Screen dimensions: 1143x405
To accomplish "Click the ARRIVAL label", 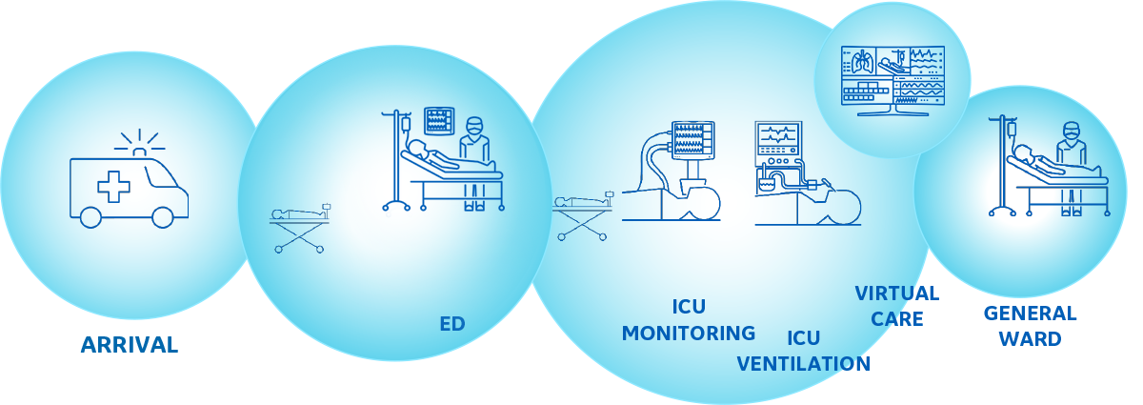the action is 130,345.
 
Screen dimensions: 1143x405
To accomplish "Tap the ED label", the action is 452,324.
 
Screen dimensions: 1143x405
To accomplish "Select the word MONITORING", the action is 689,333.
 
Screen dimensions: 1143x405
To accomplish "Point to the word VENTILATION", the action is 804,364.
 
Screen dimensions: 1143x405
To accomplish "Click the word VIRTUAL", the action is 897,294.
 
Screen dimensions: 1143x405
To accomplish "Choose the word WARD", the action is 1031,338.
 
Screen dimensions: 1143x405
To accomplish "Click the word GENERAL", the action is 1031,314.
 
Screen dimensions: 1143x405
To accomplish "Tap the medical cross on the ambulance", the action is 113,187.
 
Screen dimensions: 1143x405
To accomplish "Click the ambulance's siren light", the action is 139,152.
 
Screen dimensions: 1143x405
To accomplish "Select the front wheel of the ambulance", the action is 163,217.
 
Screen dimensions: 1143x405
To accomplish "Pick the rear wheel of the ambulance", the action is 90,217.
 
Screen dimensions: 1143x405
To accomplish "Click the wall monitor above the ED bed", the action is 439,121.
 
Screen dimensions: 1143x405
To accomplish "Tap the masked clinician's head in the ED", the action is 474,126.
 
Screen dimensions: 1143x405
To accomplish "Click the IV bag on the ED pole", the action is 406,125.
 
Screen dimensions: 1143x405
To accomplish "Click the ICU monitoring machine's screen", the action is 693,140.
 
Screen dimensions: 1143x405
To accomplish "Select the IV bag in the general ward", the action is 1012,130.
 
